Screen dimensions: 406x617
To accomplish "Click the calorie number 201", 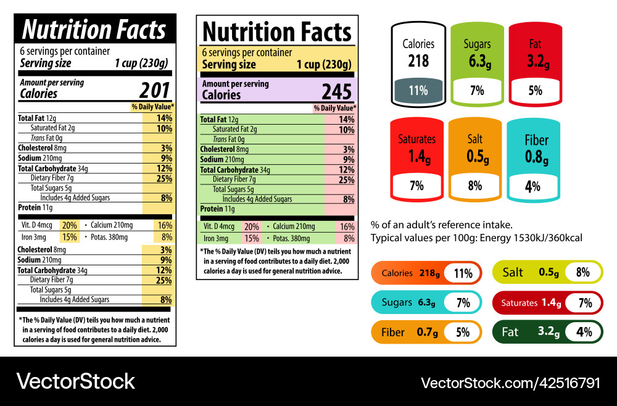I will coord(154,91).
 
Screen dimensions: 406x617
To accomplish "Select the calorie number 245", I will coord(336,92).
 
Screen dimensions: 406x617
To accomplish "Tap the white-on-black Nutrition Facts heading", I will coord(94,29).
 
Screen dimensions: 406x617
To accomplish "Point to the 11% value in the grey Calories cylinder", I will coord(418,91).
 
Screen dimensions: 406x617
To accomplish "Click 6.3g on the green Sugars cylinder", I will coord(476,61).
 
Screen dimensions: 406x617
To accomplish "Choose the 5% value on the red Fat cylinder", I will coord(535,91).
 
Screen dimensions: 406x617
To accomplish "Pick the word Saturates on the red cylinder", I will coord(416,139).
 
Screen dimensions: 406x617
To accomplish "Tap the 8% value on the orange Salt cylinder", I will coord(474,185).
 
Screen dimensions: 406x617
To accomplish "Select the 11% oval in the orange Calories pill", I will coord(463,273).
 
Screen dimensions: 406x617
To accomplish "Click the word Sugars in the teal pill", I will coord(397,302).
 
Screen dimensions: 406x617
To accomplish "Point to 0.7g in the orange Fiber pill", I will coord(427,332).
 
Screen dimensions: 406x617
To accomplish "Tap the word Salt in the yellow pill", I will coord(513,273).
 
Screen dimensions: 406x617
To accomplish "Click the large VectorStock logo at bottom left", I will coord(75,381).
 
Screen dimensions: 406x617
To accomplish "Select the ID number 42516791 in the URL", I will coord(567,383).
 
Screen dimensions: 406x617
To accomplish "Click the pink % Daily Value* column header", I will coord(334,108).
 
